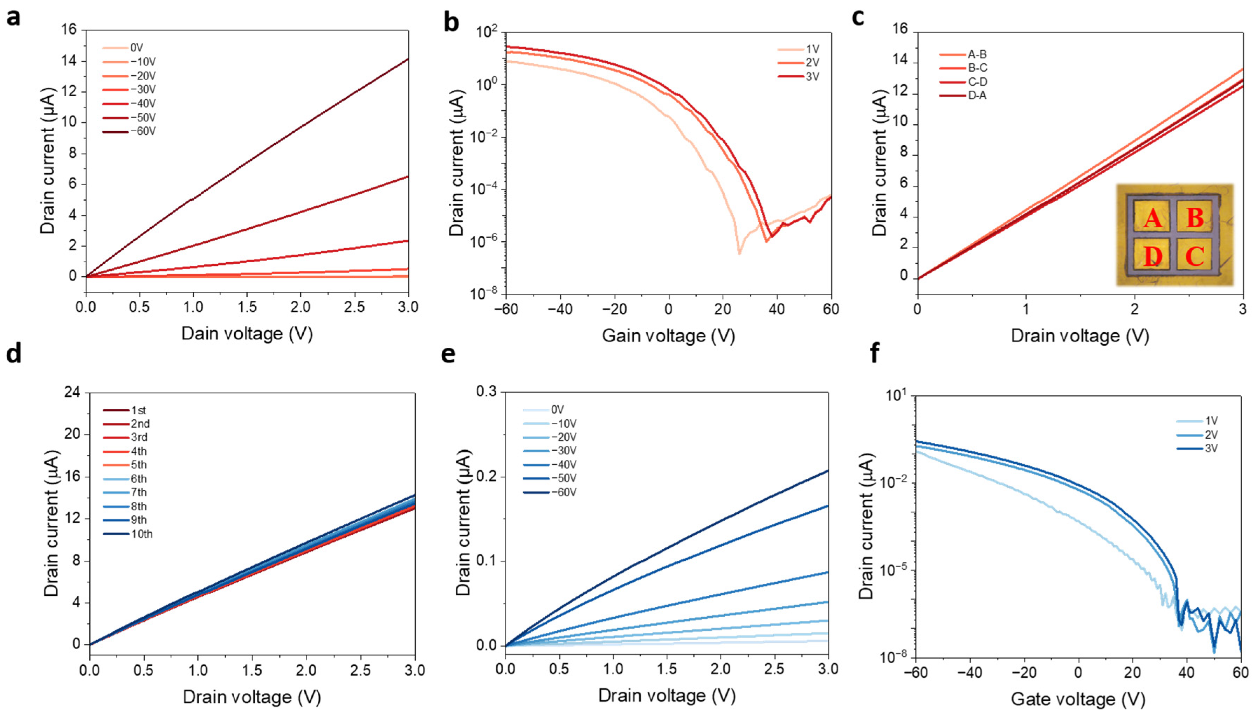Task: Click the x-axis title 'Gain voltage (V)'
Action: coord(668,336)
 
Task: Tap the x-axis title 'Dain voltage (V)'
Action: coord(247,334)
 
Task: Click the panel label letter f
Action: coord(874,354)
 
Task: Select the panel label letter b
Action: coord(451,22)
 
